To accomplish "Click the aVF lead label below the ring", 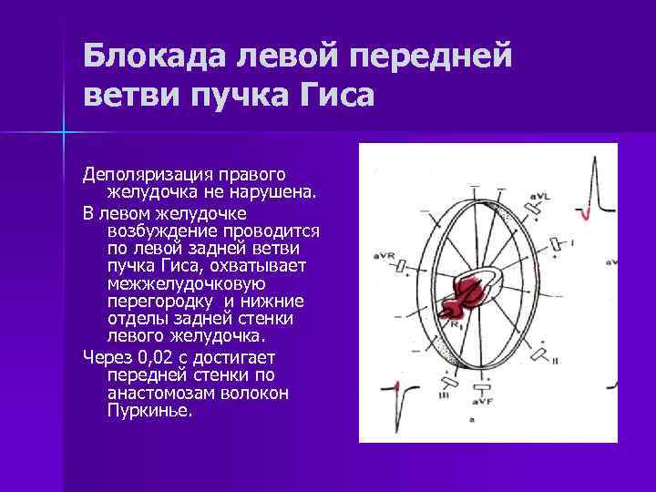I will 480,400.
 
